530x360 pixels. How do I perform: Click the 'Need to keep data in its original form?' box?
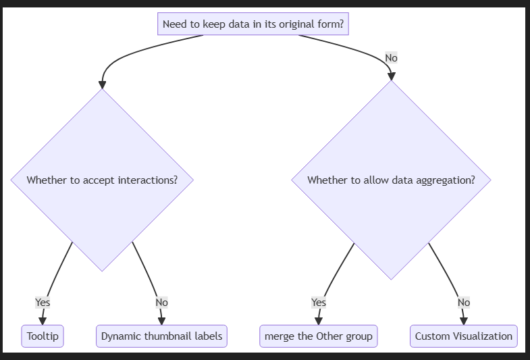pos(253,24)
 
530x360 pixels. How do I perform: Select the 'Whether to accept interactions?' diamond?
pos(102,180)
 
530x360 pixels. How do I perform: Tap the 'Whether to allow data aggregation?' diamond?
pos(391,180)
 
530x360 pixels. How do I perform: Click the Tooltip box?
pos(43,336)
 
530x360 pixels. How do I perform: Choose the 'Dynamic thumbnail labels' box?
pos(161,336)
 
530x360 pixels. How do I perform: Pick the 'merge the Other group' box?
pos(319,336)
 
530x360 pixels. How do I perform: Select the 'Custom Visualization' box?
pos(464,336)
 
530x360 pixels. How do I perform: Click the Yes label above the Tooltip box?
pos(43,302)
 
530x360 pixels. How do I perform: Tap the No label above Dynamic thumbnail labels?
pos(161,302)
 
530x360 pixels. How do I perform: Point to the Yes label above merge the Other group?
pos(319,302)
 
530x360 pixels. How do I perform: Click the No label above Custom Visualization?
pos(464,302)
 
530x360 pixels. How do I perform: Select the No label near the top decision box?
pos(391,58)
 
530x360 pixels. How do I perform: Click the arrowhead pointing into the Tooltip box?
pos(43,321)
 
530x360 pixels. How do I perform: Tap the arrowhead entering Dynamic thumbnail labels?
pos(161,321)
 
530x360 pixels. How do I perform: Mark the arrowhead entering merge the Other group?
pos(319,321)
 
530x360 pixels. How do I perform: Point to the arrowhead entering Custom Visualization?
pos(464,321)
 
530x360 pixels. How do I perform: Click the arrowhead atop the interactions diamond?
pos(102,85)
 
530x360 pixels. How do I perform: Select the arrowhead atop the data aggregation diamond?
pos(391,76)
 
